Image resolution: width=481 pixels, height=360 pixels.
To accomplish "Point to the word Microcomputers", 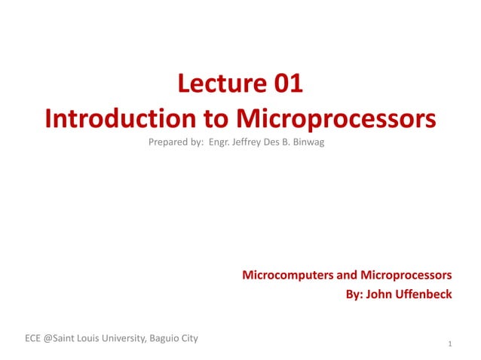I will click(289, 275).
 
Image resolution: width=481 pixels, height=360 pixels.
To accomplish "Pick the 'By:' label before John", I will click(354, 294).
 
